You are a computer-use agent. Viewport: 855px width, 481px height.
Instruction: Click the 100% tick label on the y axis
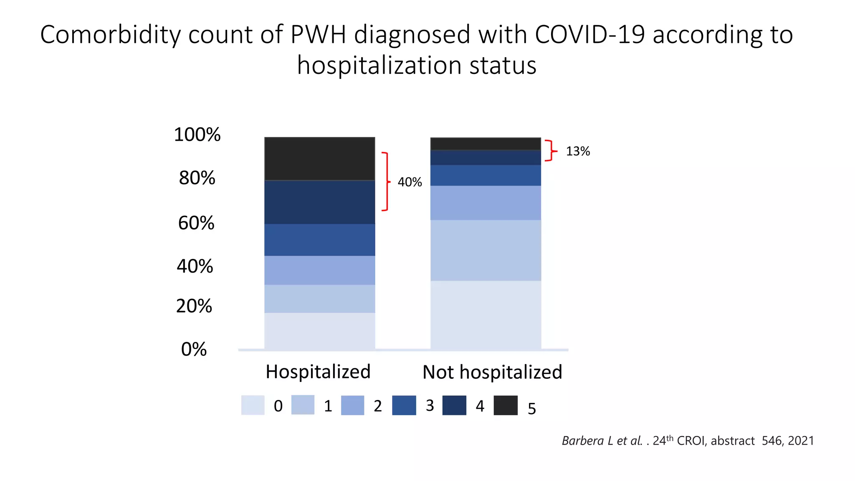coord(197,135)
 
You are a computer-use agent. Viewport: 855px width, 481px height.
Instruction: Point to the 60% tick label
coord(196,223)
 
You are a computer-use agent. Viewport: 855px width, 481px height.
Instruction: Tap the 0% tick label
coord(194,349)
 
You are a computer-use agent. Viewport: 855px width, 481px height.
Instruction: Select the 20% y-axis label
coord(194,306)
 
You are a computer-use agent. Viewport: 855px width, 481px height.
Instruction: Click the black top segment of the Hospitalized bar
coord(319,159)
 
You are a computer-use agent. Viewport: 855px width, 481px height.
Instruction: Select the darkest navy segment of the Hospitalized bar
coord(319,203)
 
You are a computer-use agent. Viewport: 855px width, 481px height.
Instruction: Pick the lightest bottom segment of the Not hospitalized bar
coord(486,315)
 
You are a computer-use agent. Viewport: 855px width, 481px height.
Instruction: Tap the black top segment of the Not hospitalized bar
coord(486,144)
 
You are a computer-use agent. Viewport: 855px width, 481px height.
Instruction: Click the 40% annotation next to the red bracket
coord(410,182)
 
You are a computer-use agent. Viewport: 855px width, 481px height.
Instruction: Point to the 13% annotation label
coord(578,151)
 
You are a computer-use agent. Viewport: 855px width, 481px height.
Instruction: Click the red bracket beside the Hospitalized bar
coord(387,182)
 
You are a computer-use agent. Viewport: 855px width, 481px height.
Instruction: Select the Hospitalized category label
coord(318,372)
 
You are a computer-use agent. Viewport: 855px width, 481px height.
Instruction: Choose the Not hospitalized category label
coord(492,372)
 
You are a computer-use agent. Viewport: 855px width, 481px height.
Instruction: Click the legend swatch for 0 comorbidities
coord(253,405)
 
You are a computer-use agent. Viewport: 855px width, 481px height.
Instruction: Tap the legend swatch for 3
coord(404,405)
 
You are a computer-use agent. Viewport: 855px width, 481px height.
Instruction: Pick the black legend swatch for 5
coord(506,405)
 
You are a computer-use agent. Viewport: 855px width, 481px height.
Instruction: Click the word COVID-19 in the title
coord(589,34)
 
